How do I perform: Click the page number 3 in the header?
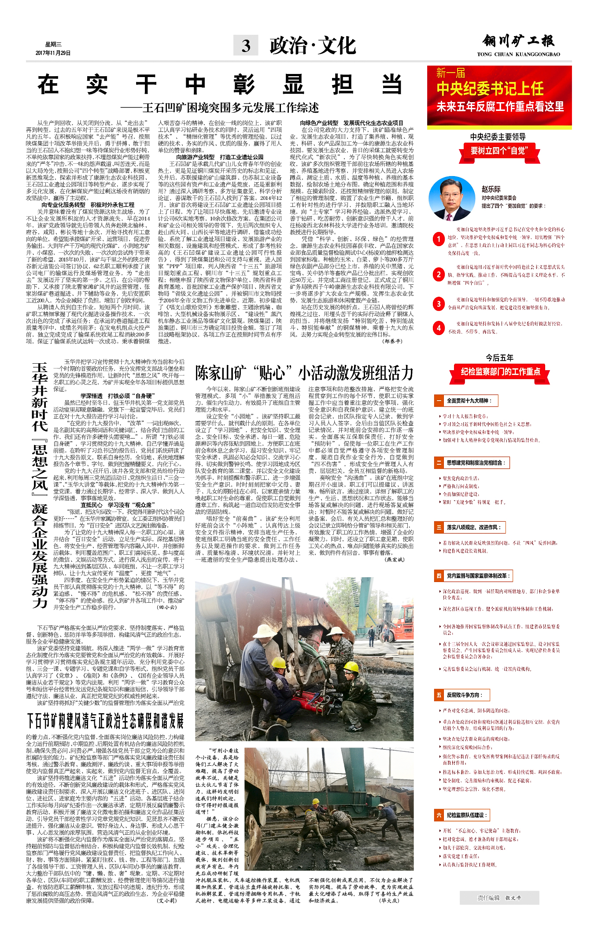pyautogui.click(x=246, y=46)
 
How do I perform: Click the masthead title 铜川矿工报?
pyautogui.click(x=518, y=41)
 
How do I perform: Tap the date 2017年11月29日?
pyautogui.click(x=53, y=53)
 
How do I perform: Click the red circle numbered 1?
pyautogui.click(x=439, y=239)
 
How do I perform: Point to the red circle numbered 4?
pyautogui.click(x=439, y=328)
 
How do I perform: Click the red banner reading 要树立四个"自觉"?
pyautogui.click(x=499, y=151)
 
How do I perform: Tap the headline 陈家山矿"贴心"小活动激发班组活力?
pyautogui.click(x=304, y=373)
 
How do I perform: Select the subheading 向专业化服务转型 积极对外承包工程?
pyautogui.click(x=88, y=205)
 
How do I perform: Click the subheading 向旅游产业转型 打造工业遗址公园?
pyautogui.click(x=220, y=157)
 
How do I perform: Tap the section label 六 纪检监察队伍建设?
pyautogui.click(x=462, y=815)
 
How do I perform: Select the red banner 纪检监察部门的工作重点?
pyautogui.click(x=500, y=372)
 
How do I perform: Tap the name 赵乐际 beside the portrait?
pyautogui.click(x=491, y=189)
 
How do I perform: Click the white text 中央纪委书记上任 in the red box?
pyautogui.click(x=490, y=89)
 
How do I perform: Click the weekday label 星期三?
pyautogui.click(x=53, y=44)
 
